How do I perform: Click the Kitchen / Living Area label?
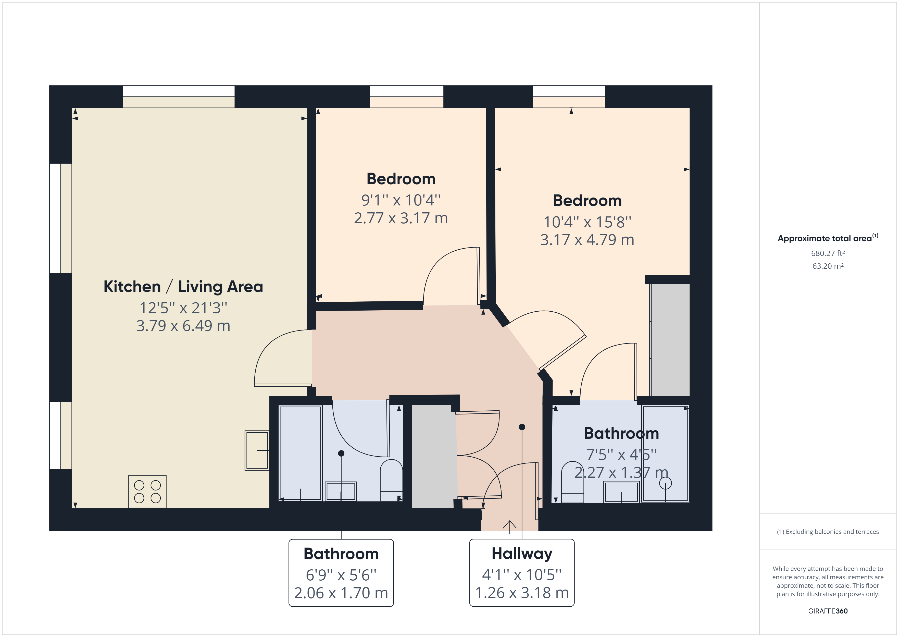(x=183, y=287)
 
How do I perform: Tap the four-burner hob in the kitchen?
(x=147, y=492)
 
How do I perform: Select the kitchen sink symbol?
(x=257, y=450)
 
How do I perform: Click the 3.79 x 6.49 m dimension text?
(x=183, y=326)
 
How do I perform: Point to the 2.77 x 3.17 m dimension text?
(x=401, y=218)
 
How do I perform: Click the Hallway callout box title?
(x=522, y=554)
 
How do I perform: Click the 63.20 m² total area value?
(x=828, y=266)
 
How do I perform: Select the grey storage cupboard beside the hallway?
(x=433, y=457)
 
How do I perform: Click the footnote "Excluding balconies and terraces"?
(x=828, y=532)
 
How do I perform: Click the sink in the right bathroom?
(x=621, y=492)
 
